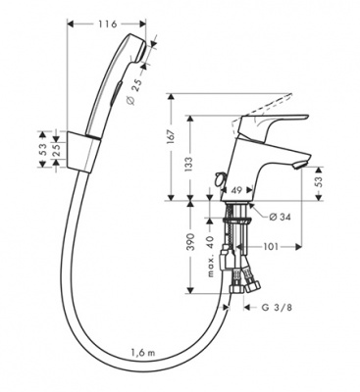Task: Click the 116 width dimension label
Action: point(107,24)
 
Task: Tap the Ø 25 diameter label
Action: point(134,92)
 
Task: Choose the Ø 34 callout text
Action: point(281,217)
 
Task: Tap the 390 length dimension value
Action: point(190,242)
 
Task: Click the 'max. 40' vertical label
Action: point(211,256)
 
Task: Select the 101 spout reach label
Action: point(270,247)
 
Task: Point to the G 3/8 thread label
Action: point(277,307)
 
